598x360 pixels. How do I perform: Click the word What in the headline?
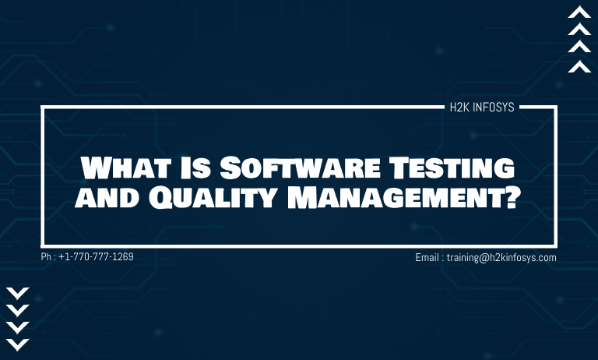point(125,168)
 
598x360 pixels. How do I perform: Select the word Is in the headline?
point(195,168)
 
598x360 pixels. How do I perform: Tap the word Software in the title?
point(300,168)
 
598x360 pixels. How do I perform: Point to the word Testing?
point(452,168)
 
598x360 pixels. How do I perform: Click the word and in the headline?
point(107,197)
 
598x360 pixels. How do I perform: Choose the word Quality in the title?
point(212,198)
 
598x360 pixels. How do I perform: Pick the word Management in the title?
point(396,197)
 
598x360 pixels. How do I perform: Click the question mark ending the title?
point(513,197)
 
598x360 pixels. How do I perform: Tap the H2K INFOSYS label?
point(482,108)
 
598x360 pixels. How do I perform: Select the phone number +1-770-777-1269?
point(96,256)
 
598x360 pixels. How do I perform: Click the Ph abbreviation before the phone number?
point(46,256)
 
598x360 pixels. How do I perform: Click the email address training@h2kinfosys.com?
point(501,258)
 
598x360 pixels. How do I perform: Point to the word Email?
point(427,258)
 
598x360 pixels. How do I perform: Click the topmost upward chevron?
point(579,12)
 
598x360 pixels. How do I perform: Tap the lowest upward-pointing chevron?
point(579,66)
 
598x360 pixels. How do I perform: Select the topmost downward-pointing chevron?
point(18,294)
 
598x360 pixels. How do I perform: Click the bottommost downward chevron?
point(18,344)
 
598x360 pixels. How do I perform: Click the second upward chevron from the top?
point(579,29)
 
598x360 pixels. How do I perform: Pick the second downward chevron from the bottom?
point(18,328)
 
